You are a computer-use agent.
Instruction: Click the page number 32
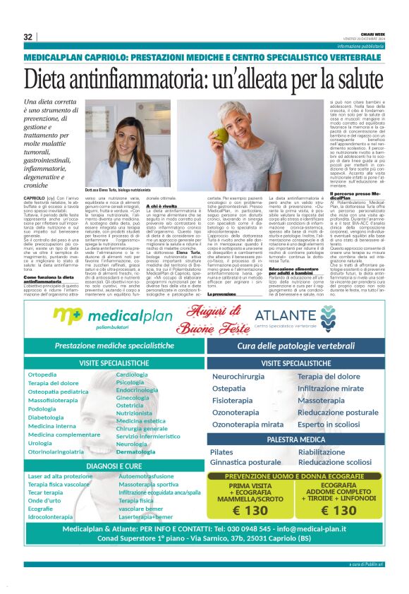(x=28, y=37)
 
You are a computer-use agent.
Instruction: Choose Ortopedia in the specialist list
(x=42, y=374)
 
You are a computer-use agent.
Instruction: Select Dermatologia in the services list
(x=135, y=451)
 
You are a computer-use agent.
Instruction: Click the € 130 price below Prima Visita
(x=249, y=510)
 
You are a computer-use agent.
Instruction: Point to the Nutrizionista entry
(x=134, y=413)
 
